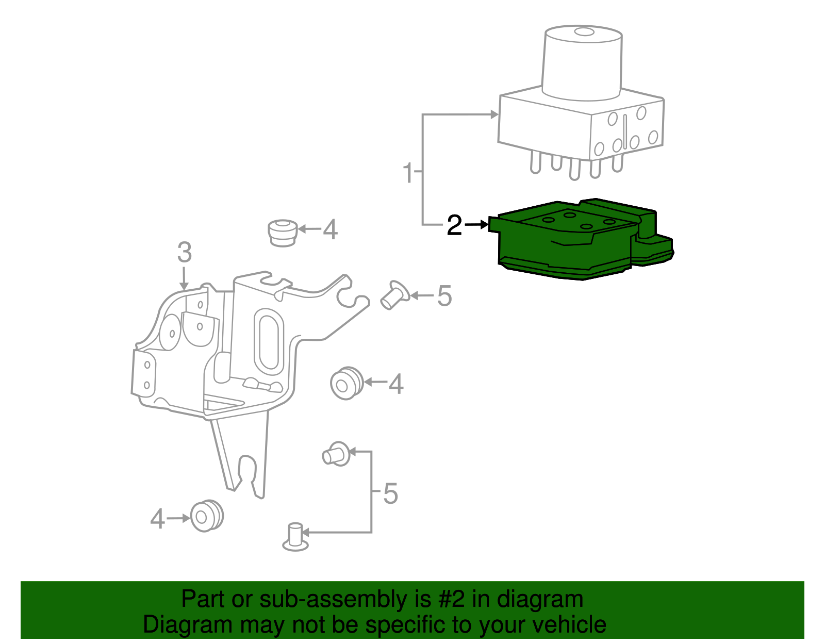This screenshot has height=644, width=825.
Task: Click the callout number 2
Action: point(454,225)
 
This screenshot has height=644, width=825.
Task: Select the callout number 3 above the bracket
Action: point(184,253)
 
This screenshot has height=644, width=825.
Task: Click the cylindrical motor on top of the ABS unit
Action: point(583,62)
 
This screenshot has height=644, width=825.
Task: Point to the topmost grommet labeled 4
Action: point(283,233)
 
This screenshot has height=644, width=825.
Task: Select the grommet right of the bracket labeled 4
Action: point(346,383)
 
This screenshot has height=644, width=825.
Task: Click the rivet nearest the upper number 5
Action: point(394,295)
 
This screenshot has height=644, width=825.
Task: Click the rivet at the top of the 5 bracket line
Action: point(336,454)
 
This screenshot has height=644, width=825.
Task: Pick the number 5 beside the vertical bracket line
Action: point(391,493)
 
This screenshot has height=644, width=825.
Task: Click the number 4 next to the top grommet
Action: point(330,229)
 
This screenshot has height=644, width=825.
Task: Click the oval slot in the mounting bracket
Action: point(269,341)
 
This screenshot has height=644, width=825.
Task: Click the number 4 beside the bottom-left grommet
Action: point(157,519)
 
